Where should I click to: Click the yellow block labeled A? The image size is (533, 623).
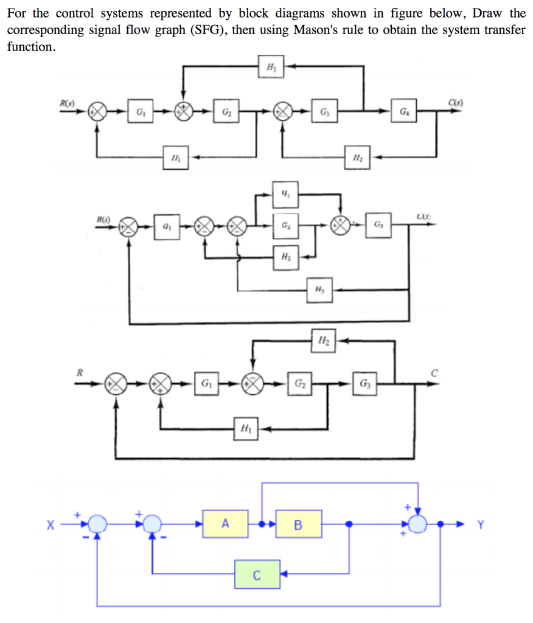[x=226, y=524]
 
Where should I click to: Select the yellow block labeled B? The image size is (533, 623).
[x=298, y=524]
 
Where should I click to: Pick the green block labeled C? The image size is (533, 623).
[x=257, y=575]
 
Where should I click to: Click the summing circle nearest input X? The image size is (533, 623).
[x=96, y=524]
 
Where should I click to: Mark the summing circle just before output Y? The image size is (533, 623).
[x=418, y=524]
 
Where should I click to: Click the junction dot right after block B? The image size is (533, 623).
[x=349, y=524]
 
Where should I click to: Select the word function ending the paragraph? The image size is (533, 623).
[x=30, y=47]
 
